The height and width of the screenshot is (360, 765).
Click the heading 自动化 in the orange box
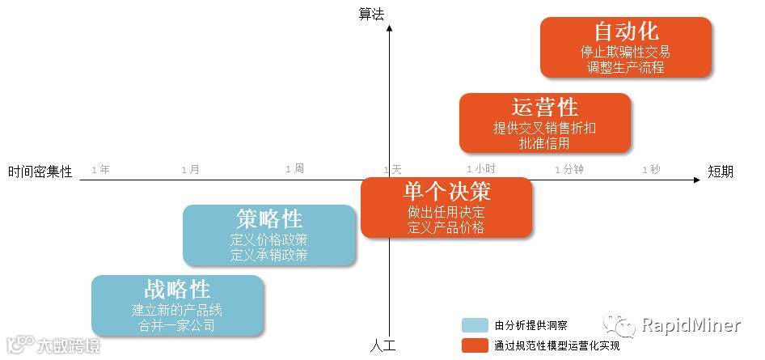coord(626,32)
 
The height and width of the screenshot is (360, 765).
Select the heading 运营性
coord(545,107)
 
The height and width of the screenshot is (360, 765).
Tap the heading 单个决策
coord(446,192)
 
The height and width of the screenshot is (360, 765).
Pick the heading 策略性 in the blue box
coord(269,218)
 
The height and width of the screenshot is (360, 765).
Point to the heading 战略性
coord(177,290)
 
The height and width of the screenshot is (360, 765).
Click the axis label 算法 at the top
coord(371,13)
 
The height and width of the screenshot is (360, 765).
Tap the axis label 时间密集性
coord(40,172)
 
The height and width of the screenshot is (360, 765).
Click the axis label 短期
coord(721,171)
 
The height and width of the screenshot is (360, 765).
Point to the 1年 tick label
coord(101,169)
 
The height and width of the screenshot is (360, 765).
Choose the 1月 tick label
coord(190,169)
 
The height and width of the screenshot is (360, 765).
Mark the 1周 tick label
coord(294,168)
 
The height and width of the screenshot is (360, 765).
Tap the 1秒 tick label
coord(651,169)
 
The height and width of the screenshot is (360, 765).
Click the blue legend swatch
coord(474,325)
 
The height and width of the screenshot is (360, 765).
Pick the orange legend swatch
coord(474,345)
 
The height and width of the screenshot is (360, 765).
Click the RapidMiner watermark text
coord(691,325)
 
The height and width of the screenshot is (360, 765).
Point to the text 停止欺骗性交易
coord(625,53)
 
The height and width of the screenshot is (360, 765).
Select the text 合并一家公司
coord(177,325)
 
